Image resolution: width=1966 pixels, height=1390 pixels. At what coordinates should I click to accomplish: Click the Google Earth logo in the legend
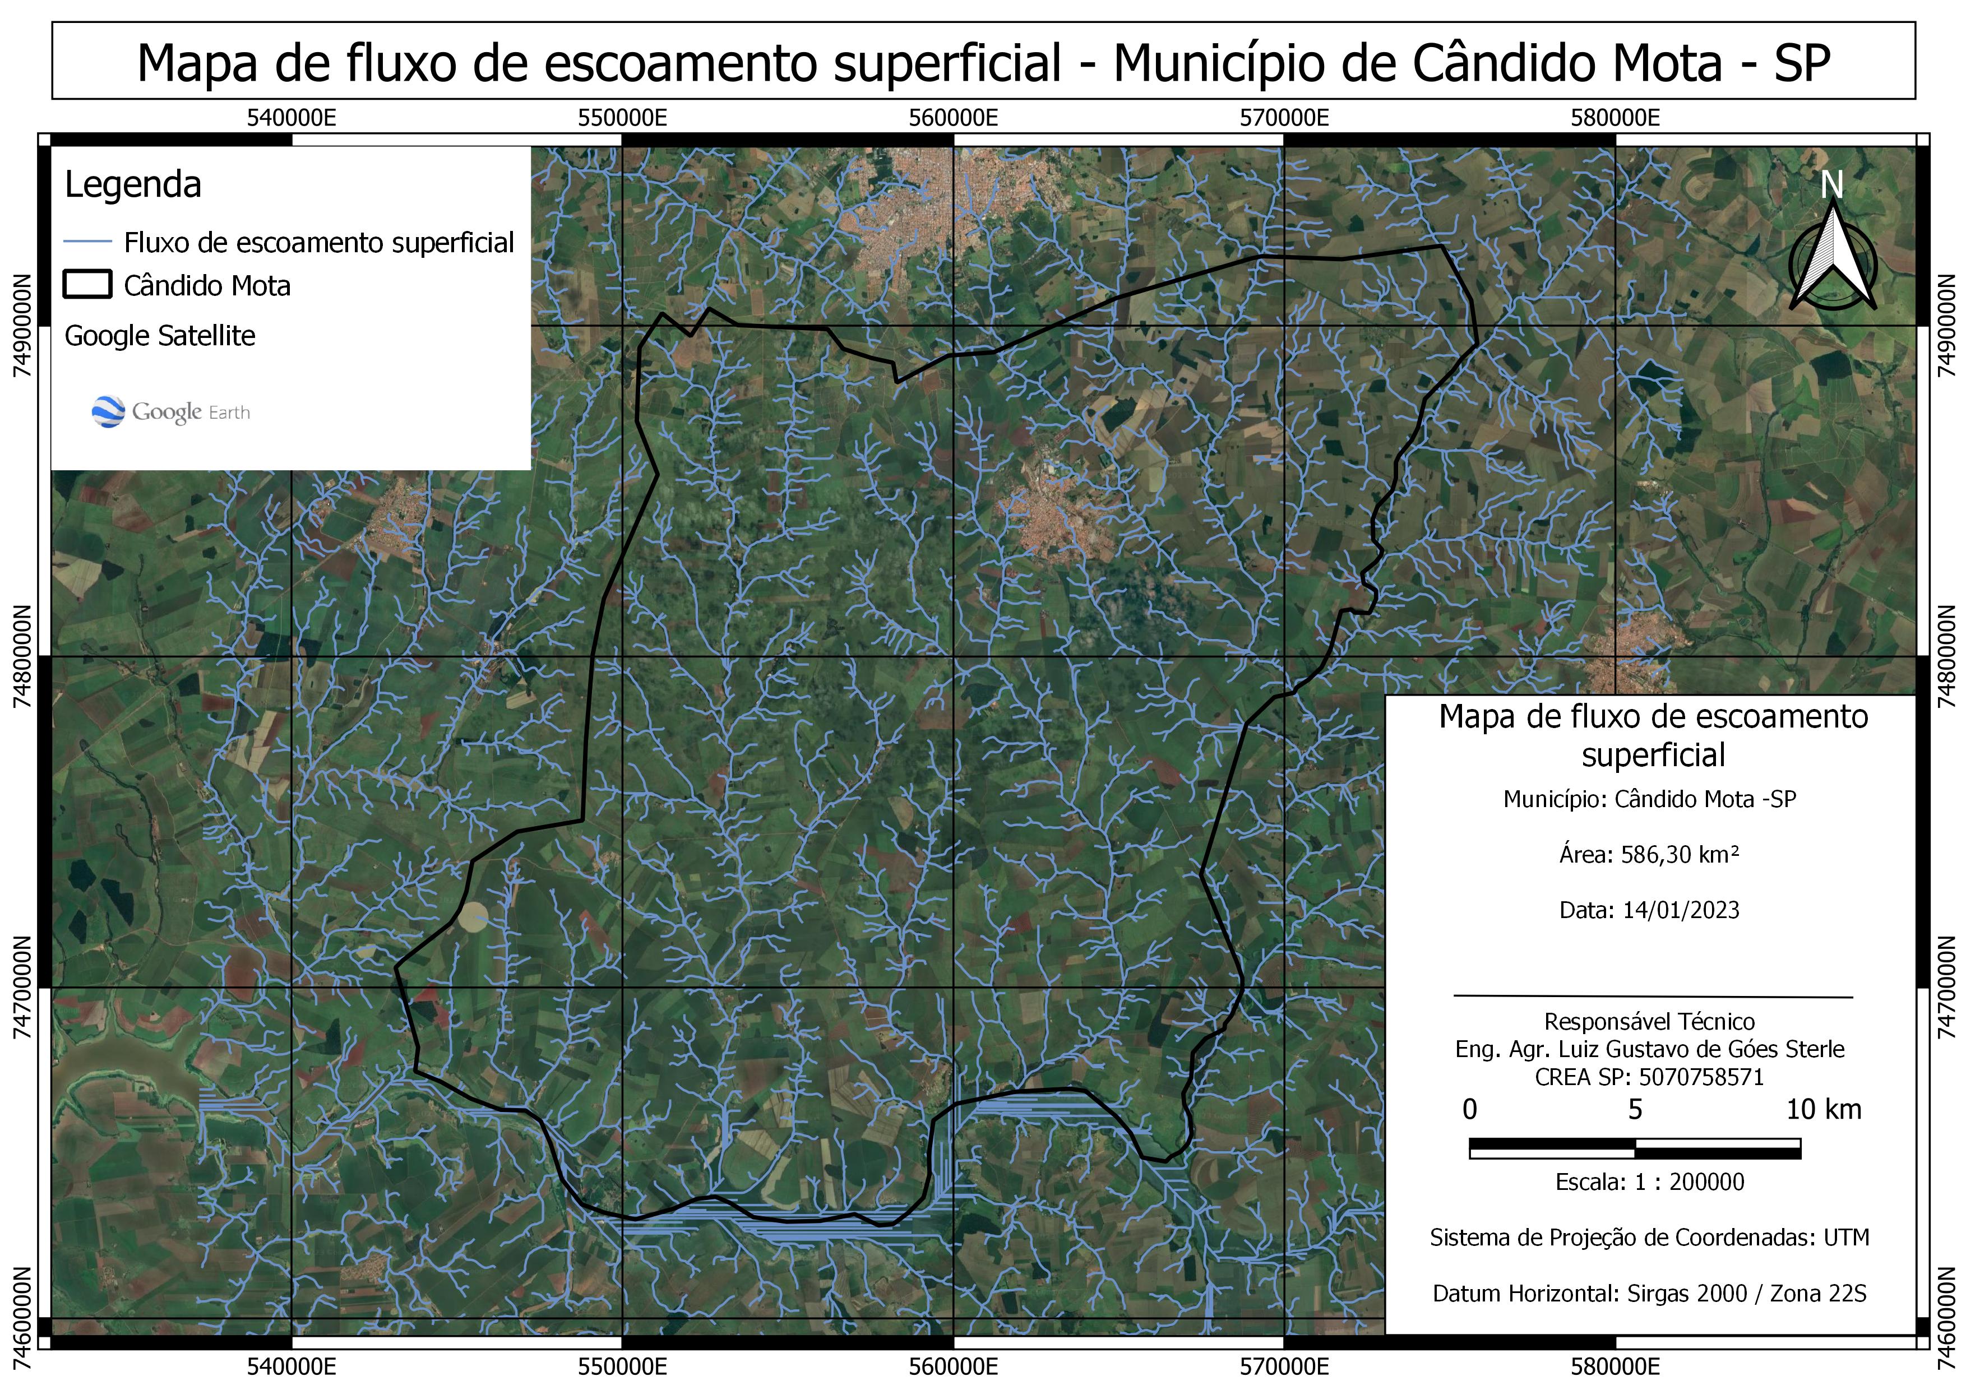tap(170, 412)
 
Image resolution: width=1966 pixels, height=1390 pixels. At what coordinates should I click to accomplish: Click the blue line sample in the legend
tap(87, 242)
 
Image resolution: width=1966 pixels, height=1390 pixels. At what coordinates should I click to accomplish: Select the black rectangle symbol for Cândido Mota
tap(87, 285)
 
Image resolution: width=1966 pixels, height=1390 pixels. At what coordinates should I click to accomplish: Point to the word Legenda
tap(133, 185)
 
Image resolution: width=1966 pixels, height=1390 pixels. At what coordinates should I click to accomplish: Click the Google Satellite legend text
tap(160, 336)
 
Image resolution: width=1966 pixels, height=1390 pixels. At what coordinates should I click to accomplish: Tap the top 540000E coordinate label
tap(291, 118)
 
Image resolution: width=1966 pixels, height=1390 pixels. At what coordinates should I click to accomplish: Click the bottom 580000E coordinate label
tap(1615, 1366)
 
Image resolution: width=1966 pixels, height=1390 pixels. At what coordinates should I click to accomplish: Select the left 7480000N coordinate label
tap(22, 656)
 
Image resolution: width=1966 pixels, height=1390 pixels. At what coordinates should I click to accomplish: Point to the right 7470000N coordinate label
tap(1945, 987)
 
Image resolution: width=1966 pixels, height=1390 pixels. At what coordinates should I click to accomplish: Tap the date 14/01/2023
tap(1681, 910)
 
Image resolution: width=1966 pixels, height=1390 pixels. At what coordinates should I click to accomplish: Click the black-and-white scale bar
tap(1635, 1148)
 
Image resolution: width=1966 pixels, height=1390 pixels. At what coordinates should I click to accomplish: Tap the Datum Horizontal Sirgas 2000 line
tap(1649, 1293)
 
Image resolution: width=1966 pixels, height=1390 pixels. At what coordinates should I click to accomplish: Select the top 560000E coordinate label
tap(953, 118)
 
